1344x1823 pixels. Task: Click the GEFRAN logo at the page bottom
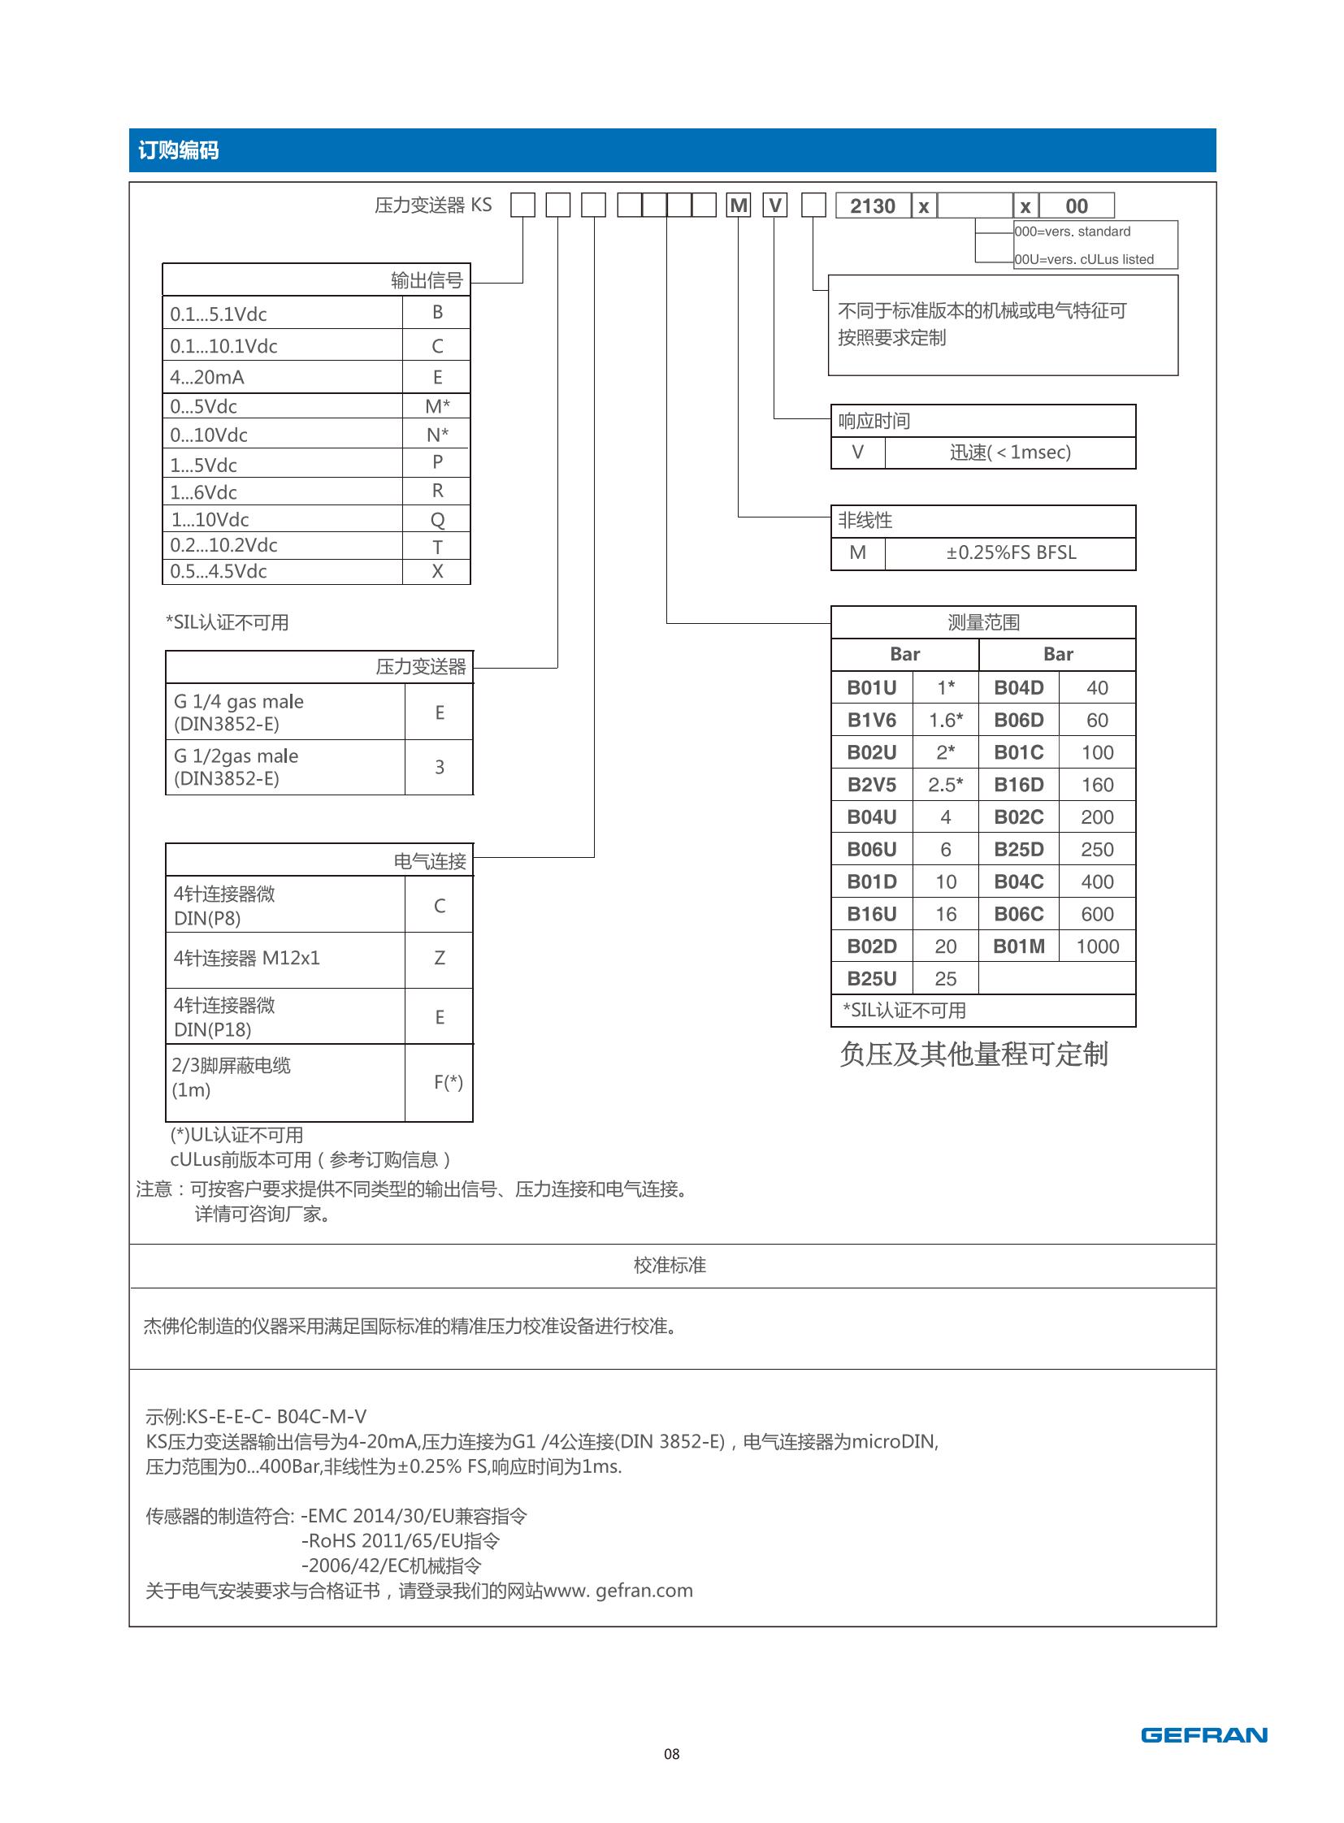[1203, 1735]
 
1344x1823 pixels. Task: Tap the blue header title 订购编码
[178, 150]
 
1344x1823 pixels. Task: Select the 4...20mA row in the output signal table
[206, 378]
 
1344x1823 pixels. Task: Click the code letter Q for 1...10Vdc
[437, 520]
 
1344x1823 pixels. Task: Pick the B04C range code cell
[1018, 881]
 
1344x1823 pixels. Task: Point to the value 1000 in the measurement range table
[1097, 946]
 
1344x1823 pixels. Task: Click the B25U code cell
[871, 979]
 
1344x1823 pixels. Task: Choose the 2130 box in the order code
[872, 206]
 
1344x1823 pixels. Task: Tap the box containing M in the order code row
[739, 206]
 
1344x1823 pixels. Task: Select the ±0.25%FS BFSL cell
[1011, 553]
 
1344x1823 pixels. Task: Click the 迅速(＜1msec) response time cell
[1010, 453]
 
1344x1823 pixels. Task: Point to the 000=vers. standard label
[1073, 232]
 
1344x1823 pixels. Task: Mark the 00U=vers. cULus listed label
[1084, 259]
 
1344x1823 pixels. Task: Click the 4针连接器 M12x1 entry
[246, 959]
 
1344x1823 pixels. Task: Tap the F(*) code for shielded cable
[448, 1082]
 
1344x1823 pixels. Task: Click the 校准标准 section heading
[670, 1265]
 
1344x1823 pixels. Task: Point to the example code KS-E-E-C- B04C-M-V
[256, 1416]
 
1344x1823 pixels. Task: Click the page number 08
[671, 1754]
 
